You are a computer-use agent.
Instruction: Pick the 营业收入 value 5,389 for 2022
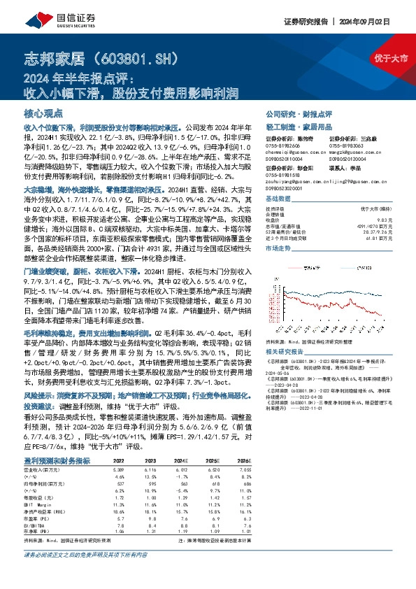pos(119,471)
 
